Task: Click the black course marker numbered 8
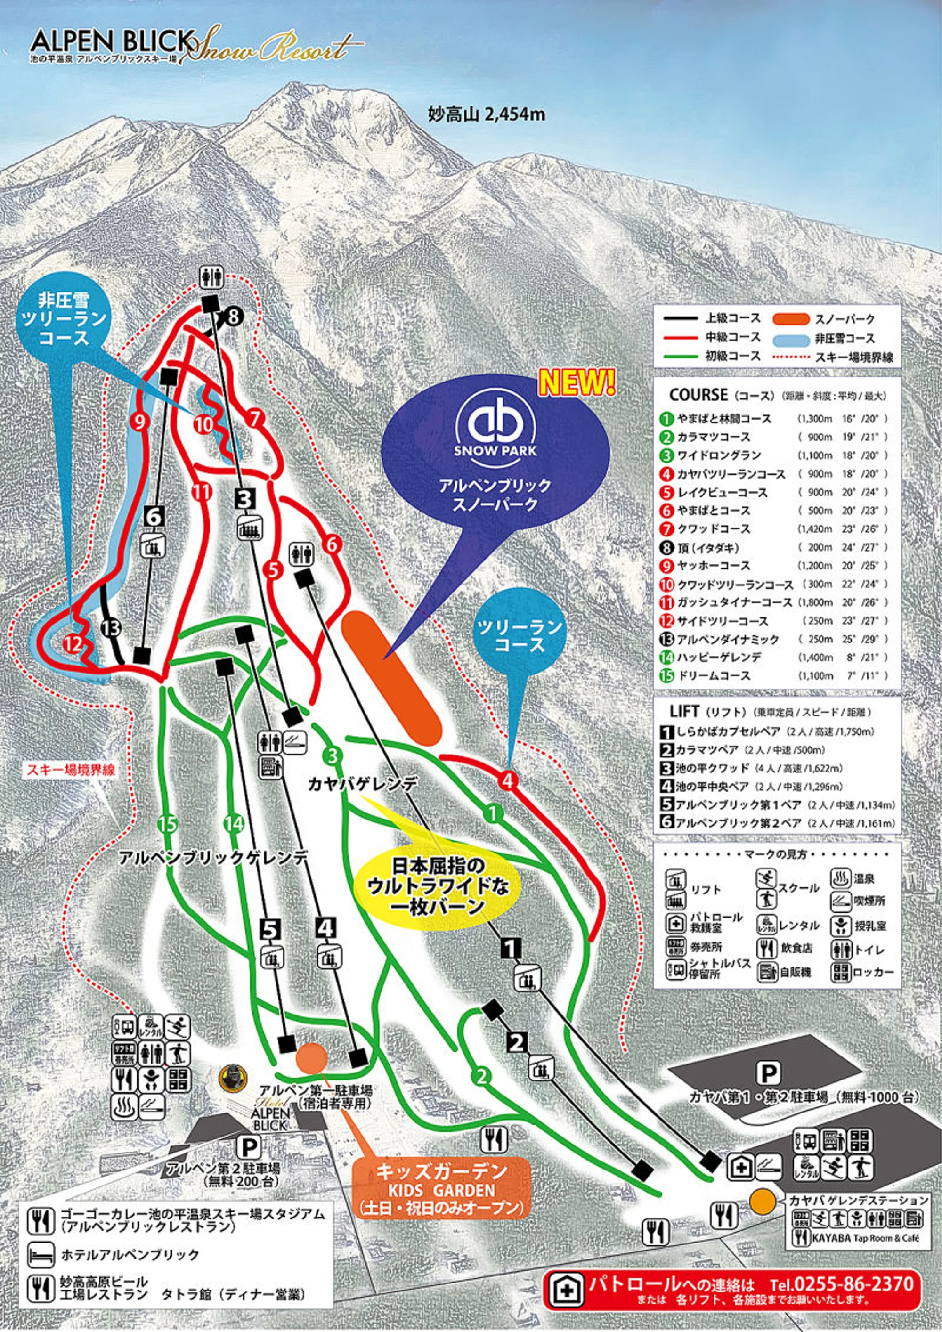(x=233, y=316)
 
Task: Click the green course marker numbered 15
(x=168, y=823)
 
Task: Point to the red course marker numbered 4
(x=508, y=779)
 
